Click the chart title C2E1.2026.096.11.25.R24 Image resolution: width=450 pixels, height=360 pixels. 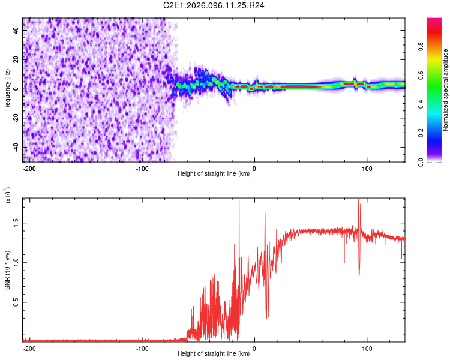coord(214,5)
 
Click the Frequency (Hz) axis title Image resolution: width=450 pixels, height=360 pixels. coord(7,90)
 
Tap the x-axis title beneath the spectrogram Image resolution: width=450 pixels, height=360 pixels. coord(214,174)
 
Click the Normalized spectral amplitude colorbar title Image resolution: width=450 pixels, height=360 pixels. coord(445,90)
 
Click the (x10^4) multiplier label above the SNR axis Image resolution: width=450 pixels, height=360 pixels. coord(7,196)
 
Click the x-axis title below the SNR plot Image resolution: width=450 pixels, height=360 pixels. coord(214,354)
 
